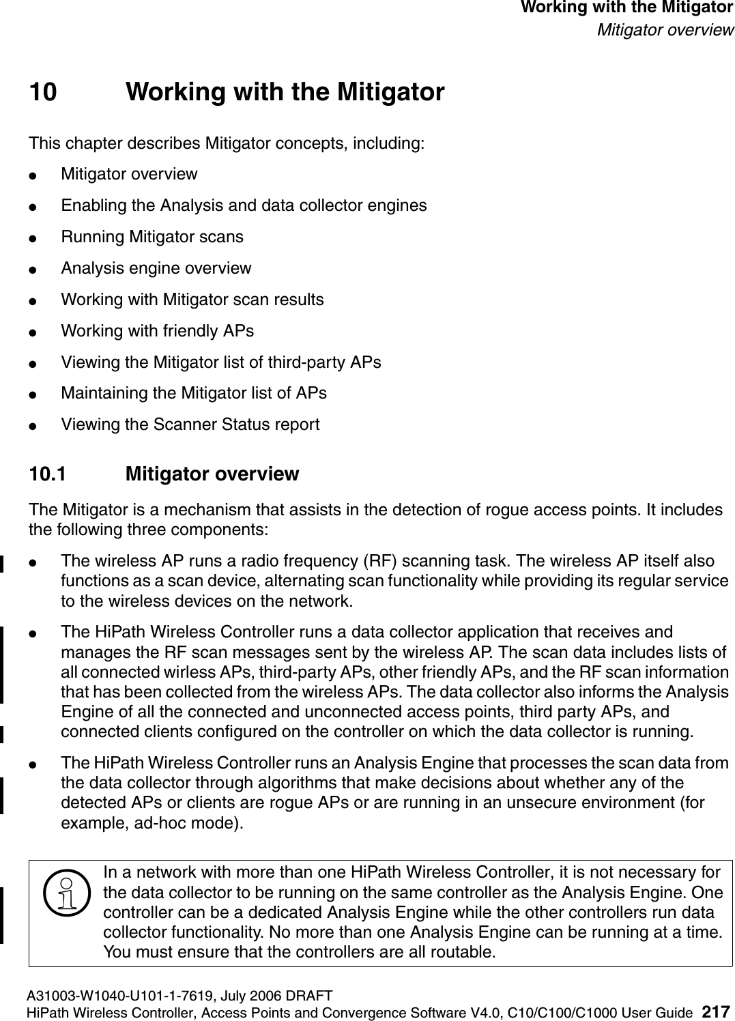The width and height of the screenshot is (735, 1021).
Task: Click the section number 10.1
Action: [x=47, y=474]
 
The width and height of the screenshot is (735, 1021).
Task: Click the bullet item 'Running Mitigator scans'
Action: [x=152, y=237]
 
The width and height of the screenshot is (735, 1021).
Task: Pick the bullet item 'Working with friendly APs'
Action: [x=157, y=331]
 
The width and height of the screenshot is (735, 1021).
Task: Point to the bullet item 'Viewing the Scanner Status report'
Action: [x=190, y=425]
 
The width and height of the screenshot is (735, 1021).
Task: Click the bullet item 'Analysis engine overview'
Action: [x=156, y=268]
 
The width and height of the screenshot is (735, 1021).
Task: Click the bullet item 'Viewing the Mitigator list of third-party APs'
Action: [x=220, y=362]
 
